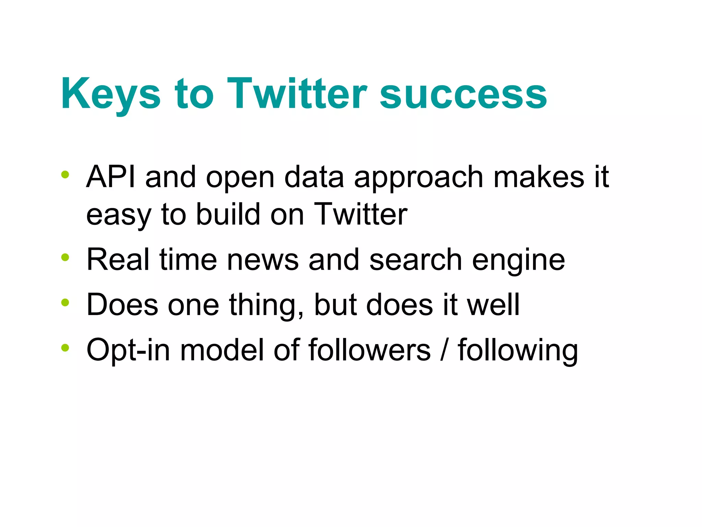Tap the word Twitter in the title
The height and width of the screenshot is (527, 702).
coord(297,93)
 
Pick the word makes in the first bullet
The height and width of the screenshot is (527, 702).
coord(538,177)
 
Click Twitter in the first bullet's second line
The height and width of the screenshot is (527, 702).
coord(361,214)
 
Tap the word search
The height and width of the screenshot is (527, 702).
coord(415,260)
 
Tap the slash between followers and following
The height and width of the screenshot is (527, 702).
coord(444,350)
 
